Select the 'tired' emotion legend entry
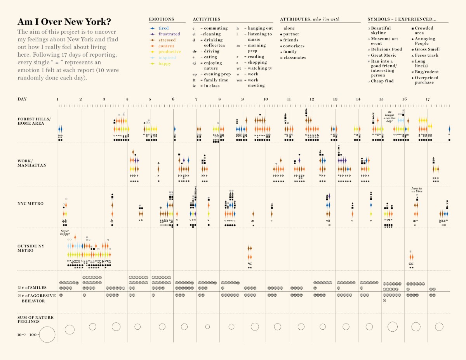click(x=163, y=28)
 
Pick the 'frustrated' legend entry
click(x=169, y=34)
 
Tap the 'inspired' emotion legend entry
click(x=167, y=57)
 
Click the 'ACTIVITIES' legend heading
click(x=206, y=19)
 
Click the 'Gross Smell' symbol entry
click(x=427, y=49)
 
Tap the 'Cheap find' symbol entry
click(x=382, y=81)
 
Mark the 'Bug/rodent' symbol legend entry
click(x=426, y=72)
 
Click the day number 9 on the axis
click(x=243, y=99)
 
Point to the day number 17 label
click(x=428, y=99)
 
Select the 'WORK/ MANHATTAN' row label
click(x=32, y=163)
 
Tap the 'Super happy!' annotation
click(x=65, y=232)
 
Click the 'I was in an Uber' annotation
click(x=417, y=190)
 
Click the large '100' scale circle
click(x=47, y=334)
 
